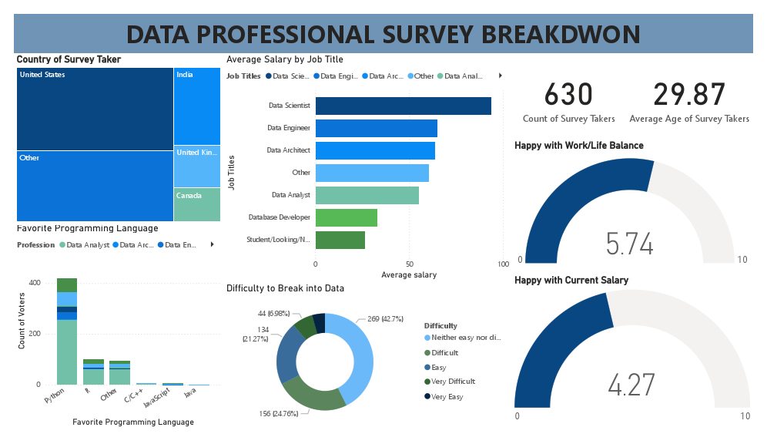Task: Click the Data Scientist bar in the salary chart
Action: click(x=403, y=106)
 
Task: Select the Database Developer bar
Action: click(x=346, y=217)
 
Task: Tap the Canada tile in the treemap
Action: click(x=197, y=204)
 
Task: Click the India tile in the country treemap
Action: click(x=197, y=106)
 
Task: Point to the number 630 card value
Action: click(x=568, y=95)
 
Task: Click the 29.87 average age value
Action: click(x=688, y=95)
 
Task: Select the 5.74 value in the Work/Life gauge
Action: click(x=629, y=244)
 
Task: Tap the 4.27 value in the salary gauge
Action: click(x=631, y=385)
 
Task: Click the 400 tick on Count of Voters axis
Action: click(x=35, y=283)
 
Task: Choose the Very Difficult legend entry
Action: click(x=452, y=382)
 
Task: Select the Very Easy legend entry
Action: click(x=447, y=396)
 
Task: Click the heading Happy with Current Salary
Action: click(x=571, y=281)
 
